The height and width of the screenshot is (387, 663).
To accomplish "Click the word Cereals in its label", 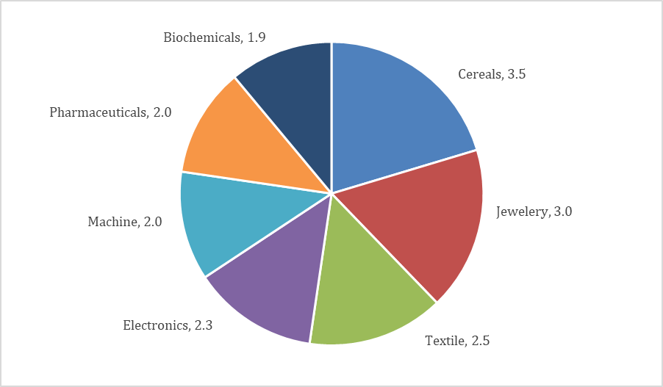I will [x=480, y=74].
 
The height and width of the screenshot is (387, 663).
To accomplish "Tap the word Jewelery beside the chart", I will [x=521, y=211].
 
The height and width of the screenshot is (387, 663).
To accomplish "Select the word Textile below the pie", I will [x=443, y=341].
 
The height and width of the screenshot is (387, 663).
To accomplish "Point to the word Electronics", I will [x=155, y=325].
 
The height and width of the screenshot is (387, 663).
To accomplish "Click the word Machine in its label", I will [x=111, y=221].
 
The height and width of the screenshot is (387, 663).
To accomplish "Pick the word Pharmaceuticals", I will [x=98, y=112].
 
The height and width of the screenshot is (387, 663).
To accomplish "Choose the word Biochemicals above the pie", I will [x=201, y=37].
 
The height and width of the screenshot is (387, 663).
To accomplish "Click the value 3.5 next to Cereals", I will [x=517, y=74].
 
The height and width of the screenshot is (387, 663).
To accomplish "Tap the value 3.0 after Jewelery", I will [x=563, y=211].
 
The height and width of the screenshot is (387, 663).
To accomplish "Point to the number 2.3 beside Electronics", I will [x=204, y=325].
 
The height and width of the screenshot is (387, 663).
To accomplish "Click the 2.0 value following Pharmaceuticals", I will [x=162, y=112].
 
